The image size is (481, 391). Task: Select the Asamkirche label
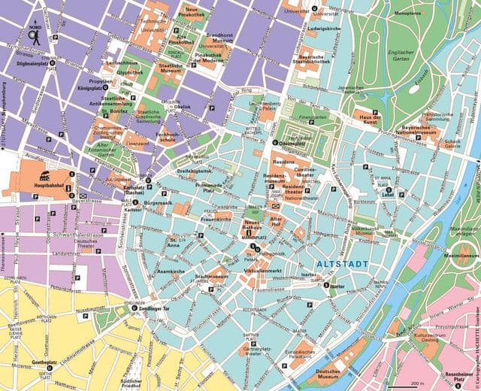[x=171, y=268]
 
